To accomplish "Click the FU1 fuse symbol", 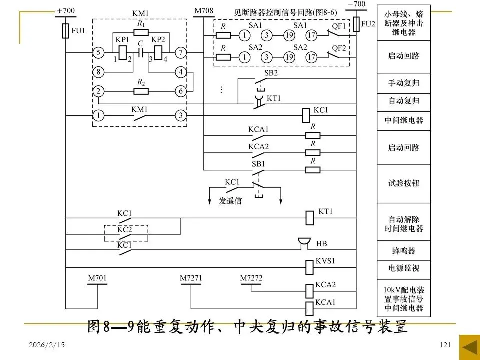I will click(65, 31).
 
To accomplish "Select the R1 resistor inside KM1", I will click(141, 32).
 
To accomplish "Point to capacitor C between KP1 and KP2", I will click(141, 52).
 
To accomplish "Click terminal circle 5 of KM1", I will click(99, 52).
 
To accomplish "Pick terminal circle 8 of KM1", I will click(99, 72).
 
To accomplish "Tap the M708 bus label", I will click(203, 10).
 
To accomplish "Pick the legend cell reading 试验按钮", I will click(403, 183).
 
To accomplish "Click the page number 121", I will click(445, 345).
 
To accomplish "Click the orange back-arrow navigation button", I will click(469, 347).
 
